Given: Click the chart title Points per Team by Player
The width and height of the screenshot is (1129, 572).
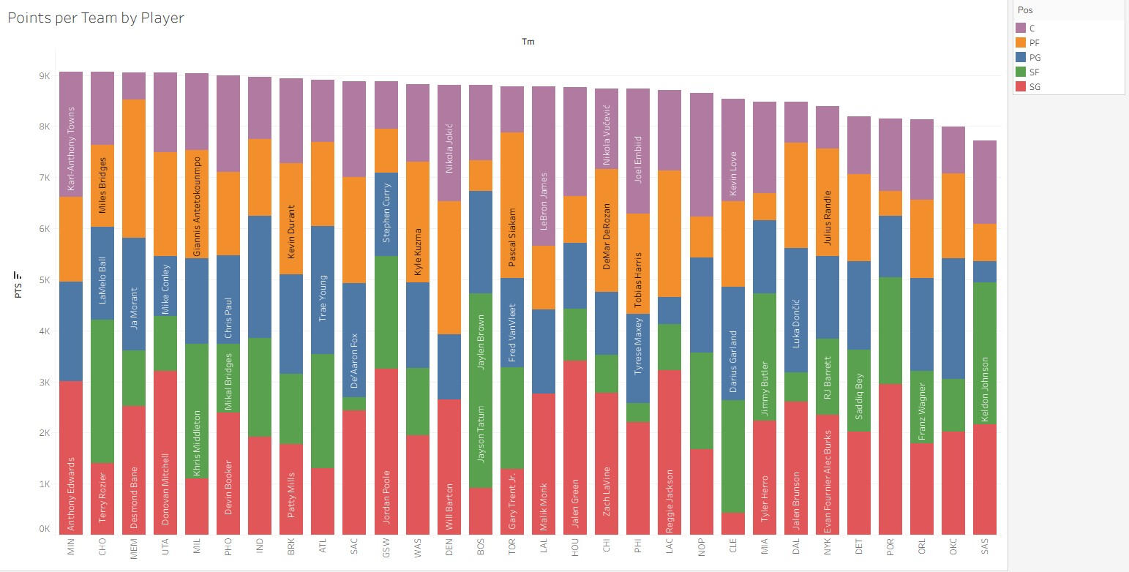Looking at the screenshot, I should click(x=96, y=18).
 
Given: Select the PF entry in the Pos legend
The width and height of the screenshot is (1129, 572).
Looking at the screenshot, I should click(x=1035, y=43).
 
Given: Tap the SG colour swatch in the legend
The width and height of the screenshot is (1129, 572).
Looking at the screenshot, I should click(x=1021, y=87).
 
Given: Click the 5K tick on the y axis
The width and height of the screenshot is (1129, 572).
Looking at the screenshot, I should click(x=45, y=280).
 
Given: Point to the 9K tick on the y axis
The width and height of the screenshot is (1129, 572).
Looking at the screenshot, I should click(x=45, y=76).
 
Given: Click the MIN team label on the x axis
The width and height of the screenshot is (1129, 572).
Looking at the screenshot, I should click(x=71, y=547).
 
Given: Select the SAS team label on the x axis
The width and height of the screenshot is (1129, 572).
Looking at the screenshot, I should click(x=985, y=547).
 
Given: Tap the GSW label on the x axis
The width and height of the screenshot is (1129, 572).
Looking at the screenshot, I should click(x=386, y=547).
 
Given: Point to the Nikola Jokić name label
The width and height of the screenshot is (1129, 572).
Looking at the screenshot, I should click(x=449, y=148).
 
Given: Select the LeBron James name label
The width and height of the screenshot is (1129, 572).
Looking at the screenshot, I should click(x=544, y=201).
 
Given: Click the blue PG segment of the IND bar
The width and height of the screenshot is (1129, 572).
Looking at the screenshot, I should click(x=260, y=276).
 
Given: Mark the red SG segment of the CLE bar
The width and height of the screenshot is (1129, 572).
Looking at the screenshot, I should click(x=732, y=523).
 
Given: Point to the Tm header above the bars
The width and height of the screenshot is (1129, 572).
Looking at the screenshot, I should click(x=528, y=42).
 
